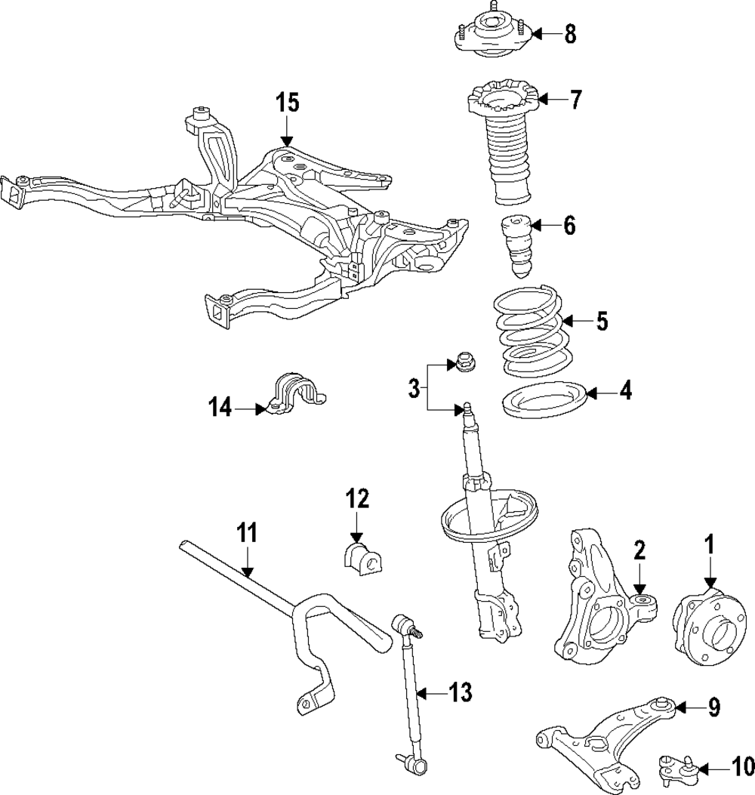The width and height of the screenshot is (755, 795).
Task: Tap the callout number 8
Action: click(570, 34)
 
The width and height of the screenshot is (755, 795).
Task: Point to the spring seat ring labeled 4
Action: click(544, 401)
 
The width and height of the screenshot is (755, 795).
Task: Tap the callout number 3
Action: click(414, 389)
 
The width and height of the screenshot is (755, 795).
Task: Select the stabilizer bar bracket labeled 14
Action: click(297, 393)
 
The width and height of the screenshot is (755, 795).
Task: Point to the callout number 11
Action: click(246, 534)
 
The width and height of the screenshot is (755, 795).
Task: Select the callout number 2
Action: click(639, 550)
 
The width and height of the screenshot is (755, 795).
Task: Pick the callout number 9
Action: click(713, 707)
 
